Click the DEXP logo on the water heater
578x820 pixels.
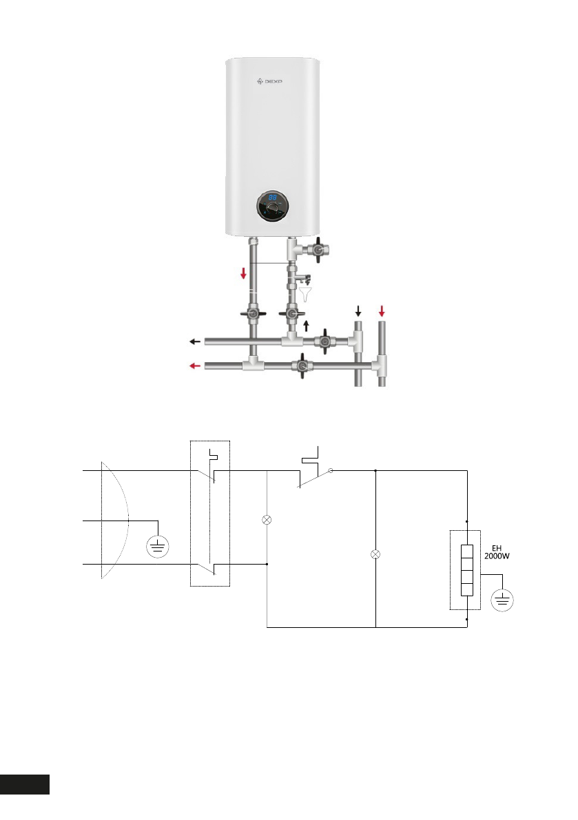269,81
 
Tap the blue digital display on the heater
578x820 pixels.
273,198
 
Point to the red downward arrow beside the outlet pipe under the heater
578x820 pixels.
243,273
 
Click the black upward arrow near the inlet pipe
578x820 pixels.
307,326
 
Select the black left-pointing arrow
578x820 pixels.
194,341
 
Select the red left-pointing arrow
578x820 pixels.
194,366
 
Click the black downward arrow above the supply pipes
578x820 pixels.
358,311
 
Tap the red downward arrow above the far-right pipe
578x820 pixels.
382,311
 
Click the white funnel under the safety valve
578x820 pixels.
306,295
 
